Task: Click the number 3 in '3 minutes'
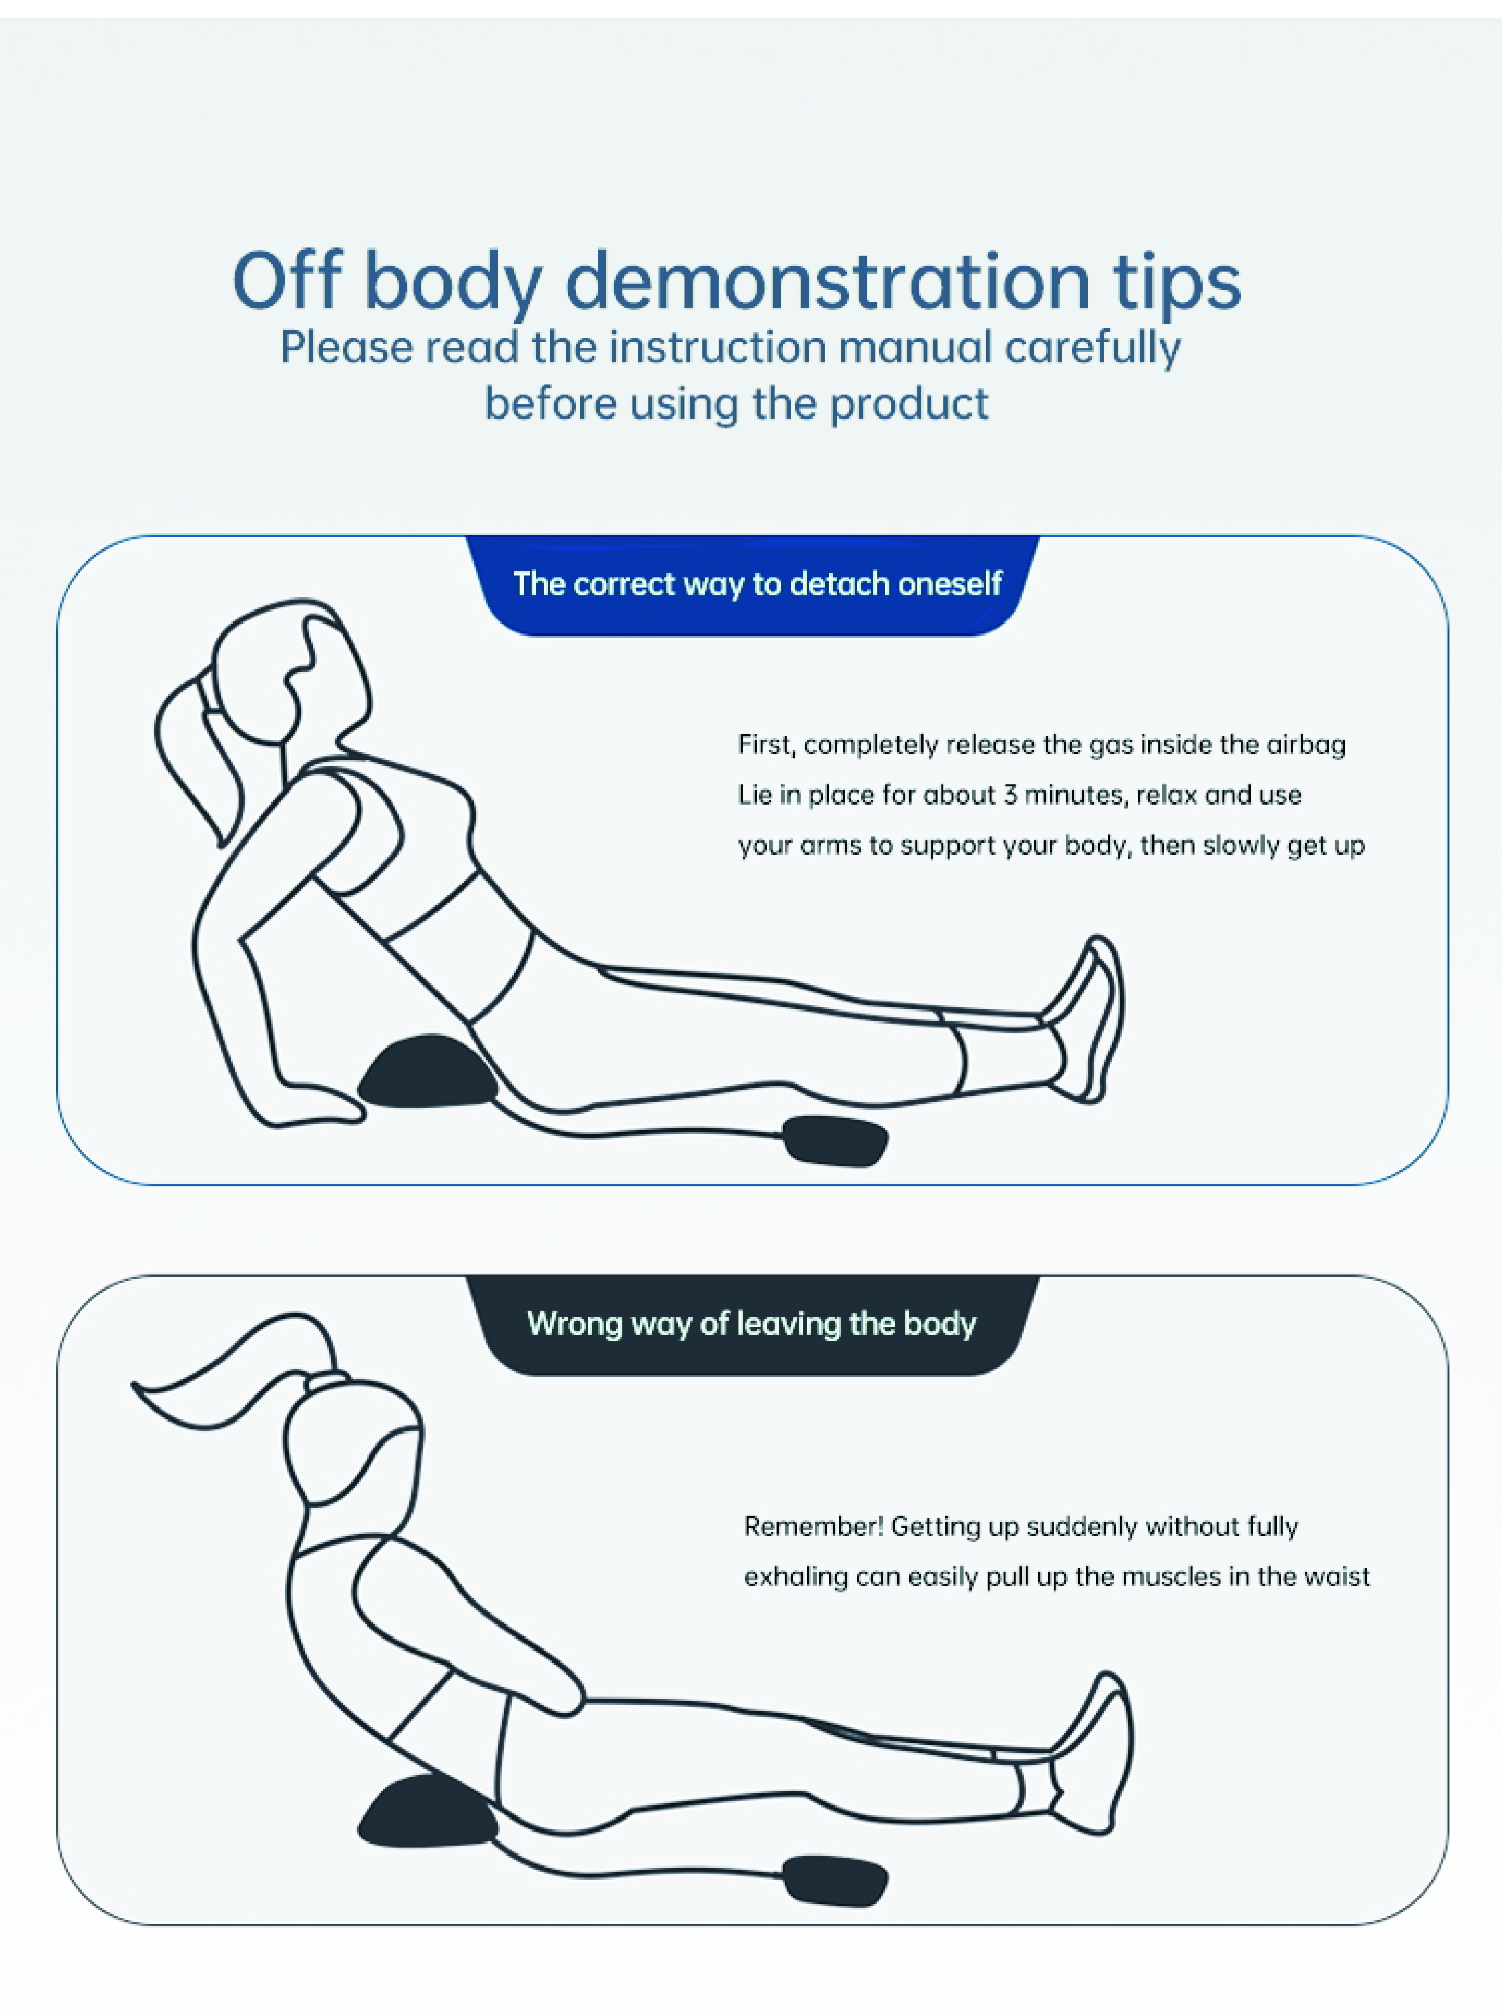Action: (1010, 795)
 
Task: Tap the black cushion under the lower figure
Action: (428, 1812)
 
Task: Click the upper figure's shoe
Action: (1090, 1019)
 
